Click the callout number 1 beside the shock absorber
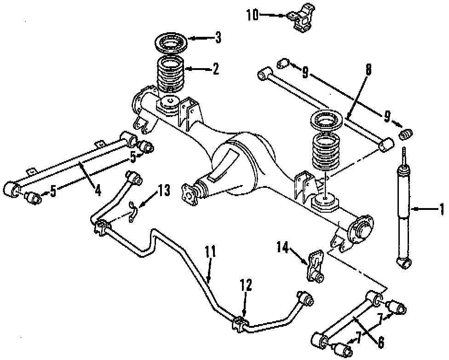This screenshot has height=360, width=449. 442,209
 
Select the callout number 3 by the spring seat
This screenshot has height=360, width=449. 218,37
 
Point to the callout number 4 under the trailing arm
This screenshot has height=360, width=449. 98,189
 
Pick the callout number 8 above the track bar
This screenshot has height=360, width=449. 368,70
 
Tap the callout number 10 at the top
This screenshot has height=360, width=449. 253,15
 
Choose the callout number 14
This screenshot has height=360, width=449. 282,249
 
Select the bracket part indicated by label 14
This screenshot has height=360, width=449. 315,266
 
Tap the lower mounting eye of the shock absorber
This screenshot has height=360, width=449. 403,263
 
